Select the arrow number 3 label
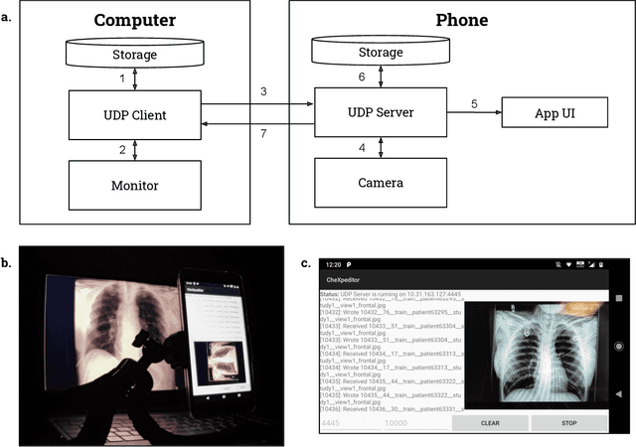tap(263, 92)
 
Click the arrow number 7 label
tap(263, 133)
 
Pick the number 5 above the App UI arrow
tap(475, 103)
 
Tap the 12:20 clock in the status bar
tap(332, 265)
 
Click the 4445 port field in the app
tap(331, 423)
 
